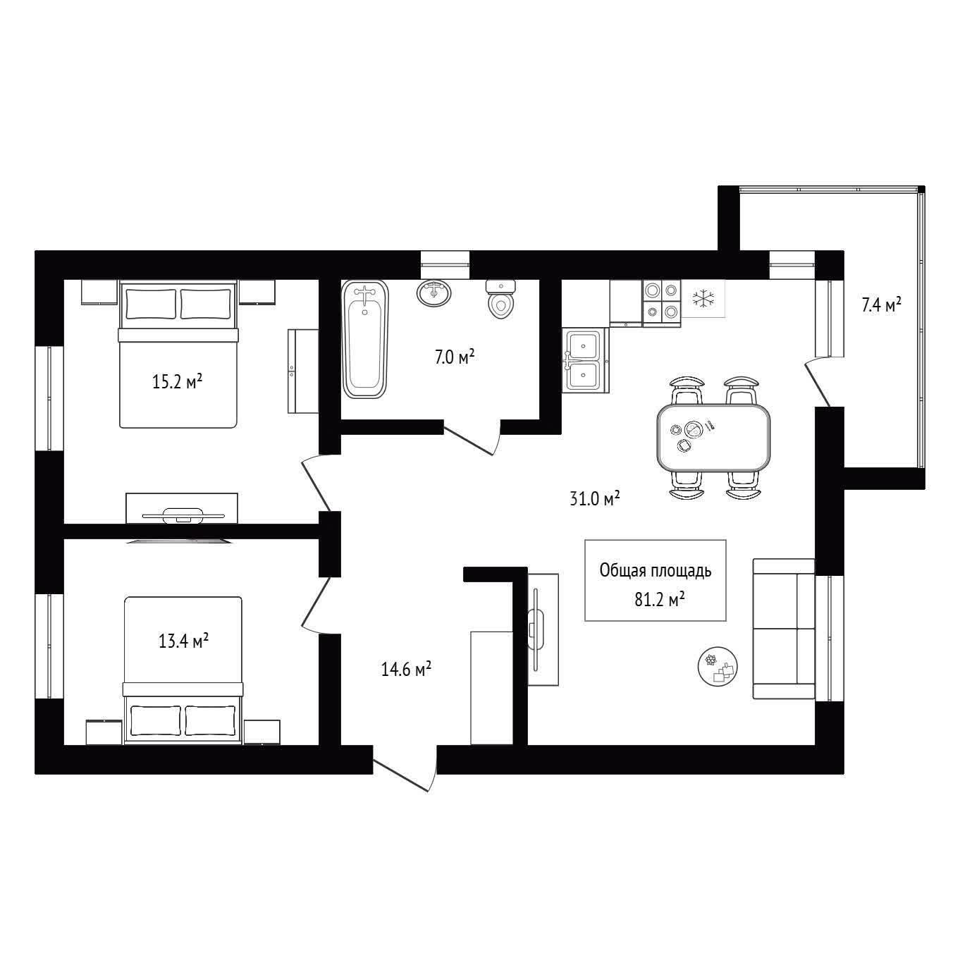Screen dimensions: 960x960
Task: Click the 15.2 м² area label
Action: pos(177,382)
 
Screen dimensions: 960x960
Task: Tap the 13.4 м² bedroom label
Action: pos(183,640)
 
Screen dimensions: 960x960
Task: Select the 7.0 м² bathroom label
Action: pos(455,357)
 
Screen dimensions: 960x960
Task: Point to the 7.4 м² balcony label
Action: pos(881,304)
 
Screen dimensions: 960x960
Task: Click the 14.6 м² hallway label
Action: pos(406,669)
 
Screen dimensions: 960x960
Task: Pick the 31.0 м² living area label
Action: pos(595,498)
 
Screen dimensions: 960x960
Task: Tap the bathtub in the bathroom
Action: pos(365,339)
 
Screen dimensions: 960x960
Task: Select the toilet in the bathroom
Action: pos(500,300)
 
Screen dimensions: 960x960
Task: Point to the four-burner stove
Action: pos(662,303)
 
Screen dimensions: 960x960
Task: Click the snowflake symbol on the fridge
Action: pos(703,298)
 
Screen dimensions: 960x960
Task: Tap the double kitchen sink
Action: pos(585,360)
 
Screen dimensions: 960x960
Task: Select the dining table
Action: pos(713,438)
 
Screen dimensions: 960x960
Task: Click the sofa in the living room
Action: pos(784,629)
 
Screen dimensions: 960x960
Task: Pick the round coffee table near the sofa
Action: pos(718,667)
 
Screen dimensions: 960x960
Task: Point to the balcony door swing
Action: pos(818,382)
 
